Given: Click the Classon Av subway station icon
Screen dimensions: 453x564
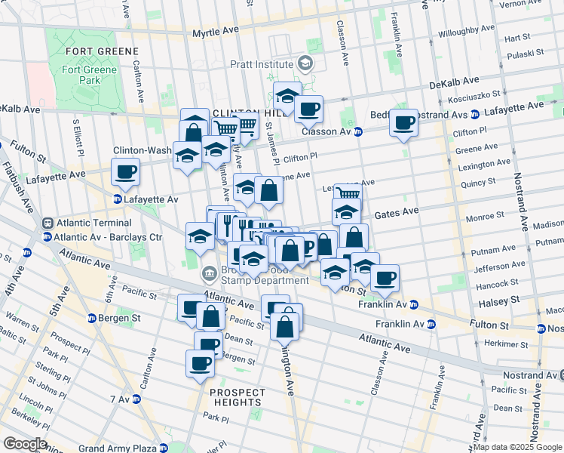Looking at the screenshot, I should pos(357,131).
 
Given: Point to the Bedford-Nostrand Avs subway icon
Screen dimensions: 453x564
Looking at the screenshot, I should pos(475,115).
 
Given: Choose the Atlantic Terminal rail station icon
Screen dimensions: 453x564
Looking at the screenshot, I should pos(48,223).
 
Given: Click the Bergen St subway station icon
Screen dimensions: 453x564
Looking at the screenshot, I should pos(93,318).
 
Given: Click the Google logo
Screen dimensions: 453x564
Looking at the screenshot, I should pos(24,444).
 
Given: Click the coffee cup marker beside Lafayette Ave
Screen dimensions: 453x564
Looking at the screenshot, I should pos(126,171).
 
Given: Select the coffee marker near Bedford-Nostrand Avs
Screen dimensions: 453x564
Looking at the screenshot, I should pos(404,122).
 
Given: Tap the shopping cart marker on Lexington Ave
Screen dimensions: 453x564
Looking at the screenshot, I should pos(347,194).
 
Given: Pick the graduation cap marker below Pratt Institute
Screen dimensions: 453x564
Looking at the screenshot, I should pos(287,95).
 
